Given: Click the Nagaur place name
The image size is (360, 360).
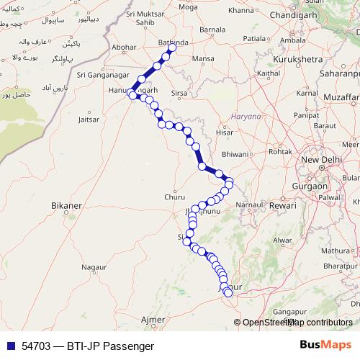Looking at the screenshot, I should [94, 267].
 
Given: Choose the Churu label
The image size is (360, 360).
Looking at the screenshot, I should [174, 195].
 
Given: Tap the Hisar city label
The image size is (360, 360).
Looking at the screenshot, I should [225, 132].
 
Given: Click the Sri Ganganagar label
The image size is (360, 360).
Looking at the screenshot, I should [102, 73].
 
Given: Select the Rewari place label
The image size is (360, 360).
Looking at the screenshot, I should [283, 205].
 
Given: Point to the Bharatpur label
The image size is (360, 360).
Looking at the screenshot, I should [341, 266].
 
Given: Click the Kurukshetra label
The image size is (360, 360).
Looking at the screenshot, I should [292, 60].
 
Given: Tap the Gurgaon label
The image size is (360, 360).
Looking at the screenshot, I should [310, 185].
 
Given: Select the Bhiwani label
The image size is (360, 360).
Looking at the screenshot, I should [236, 154].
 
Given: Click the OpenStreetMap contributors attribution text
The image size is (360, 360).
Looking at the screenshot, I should [297, 322].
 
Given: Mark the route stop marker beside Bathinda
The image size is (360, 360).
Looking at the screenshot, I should [172, 48].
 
